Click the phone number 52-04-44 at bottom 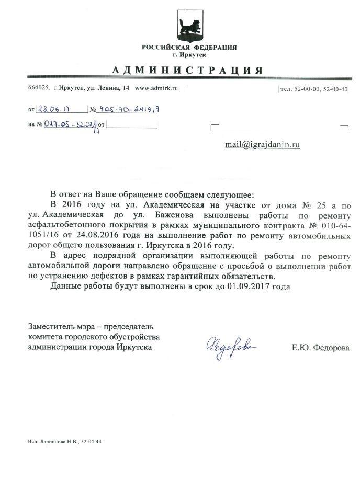pyautogui.click(x=91, y=442)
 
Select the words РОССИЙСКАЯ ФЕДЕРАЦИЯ pyautogui.click(x=189, y=48)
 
